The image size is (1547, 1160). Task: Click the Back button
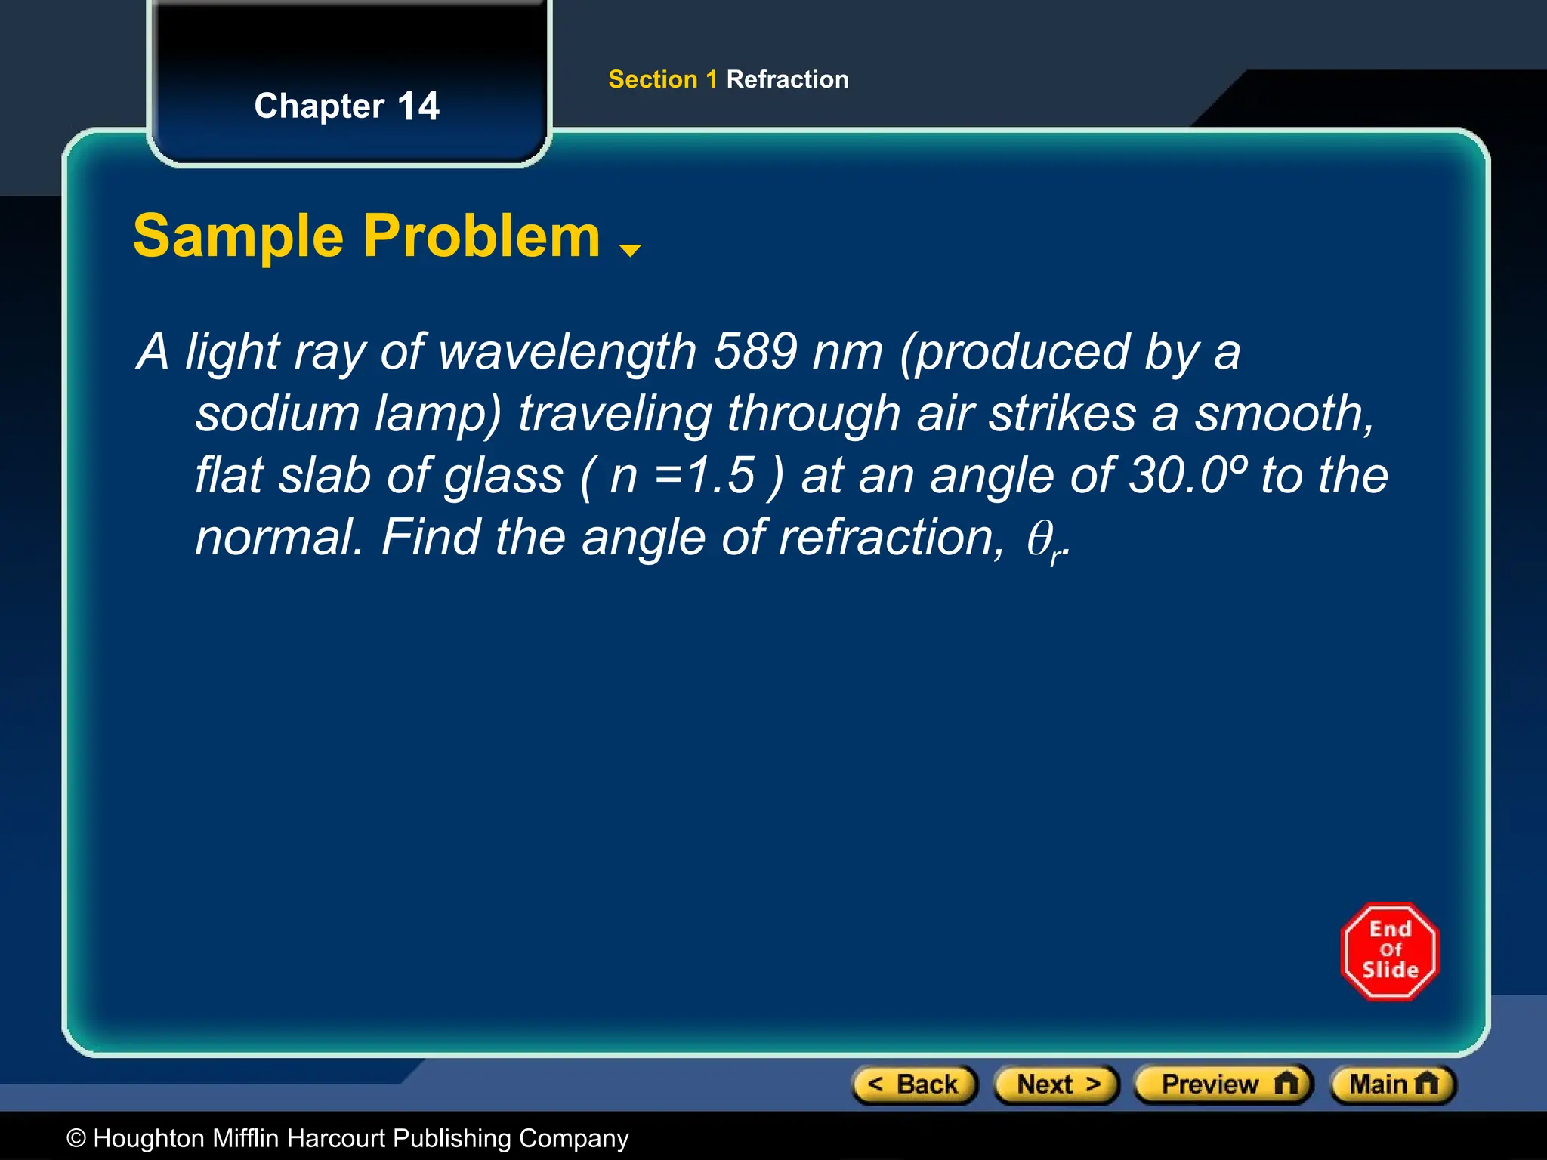point(915,1084)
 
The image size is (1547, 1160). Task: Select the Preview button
point(1224,1084)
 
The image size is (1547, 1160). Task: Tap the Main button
point(1393,1084)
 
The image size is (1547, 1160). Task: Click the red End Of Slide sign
point(1390,952)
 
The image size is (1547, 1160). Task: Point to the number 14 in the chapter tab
point(418,106)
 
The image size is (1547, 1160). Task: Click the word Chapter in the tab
point(320,106)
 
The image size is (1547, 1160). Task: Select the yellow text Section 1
point(662,79)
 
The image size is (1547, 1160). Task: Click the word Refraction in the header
point(787,79)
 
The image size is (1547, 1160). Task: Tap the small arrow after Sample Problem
point(629,250)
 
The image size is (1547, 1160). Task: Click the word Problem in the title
point(482,236)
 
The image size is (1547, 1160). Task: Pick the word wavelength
point(567,351)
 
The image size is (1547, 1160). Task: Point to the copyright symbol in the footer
point(76,1138)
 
